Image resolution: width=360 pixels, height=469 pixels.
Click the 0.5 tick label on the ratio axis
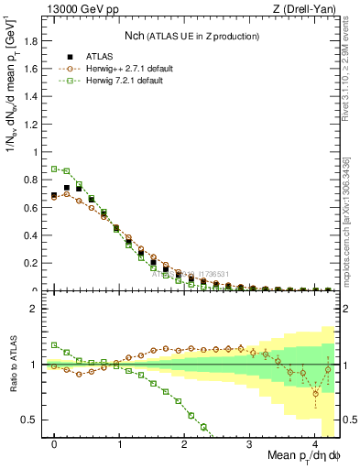(29, 420)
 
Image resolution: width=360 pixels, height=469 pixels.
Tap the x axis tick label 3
(250, 442)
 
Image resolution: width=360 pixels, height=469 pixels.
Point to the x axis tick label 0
(55, 442)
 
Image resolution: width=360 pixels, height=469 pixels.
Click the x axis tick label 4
(315, 442)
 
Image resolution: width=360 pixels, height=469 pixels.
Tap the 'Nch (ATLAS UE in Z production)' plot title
(190, 36)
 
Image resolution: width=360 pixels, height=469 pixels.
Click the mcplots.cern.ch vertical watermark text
(346, 220)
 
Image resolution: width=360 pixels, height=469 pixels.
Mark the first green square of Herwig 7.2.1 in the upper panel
(55, 169)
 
